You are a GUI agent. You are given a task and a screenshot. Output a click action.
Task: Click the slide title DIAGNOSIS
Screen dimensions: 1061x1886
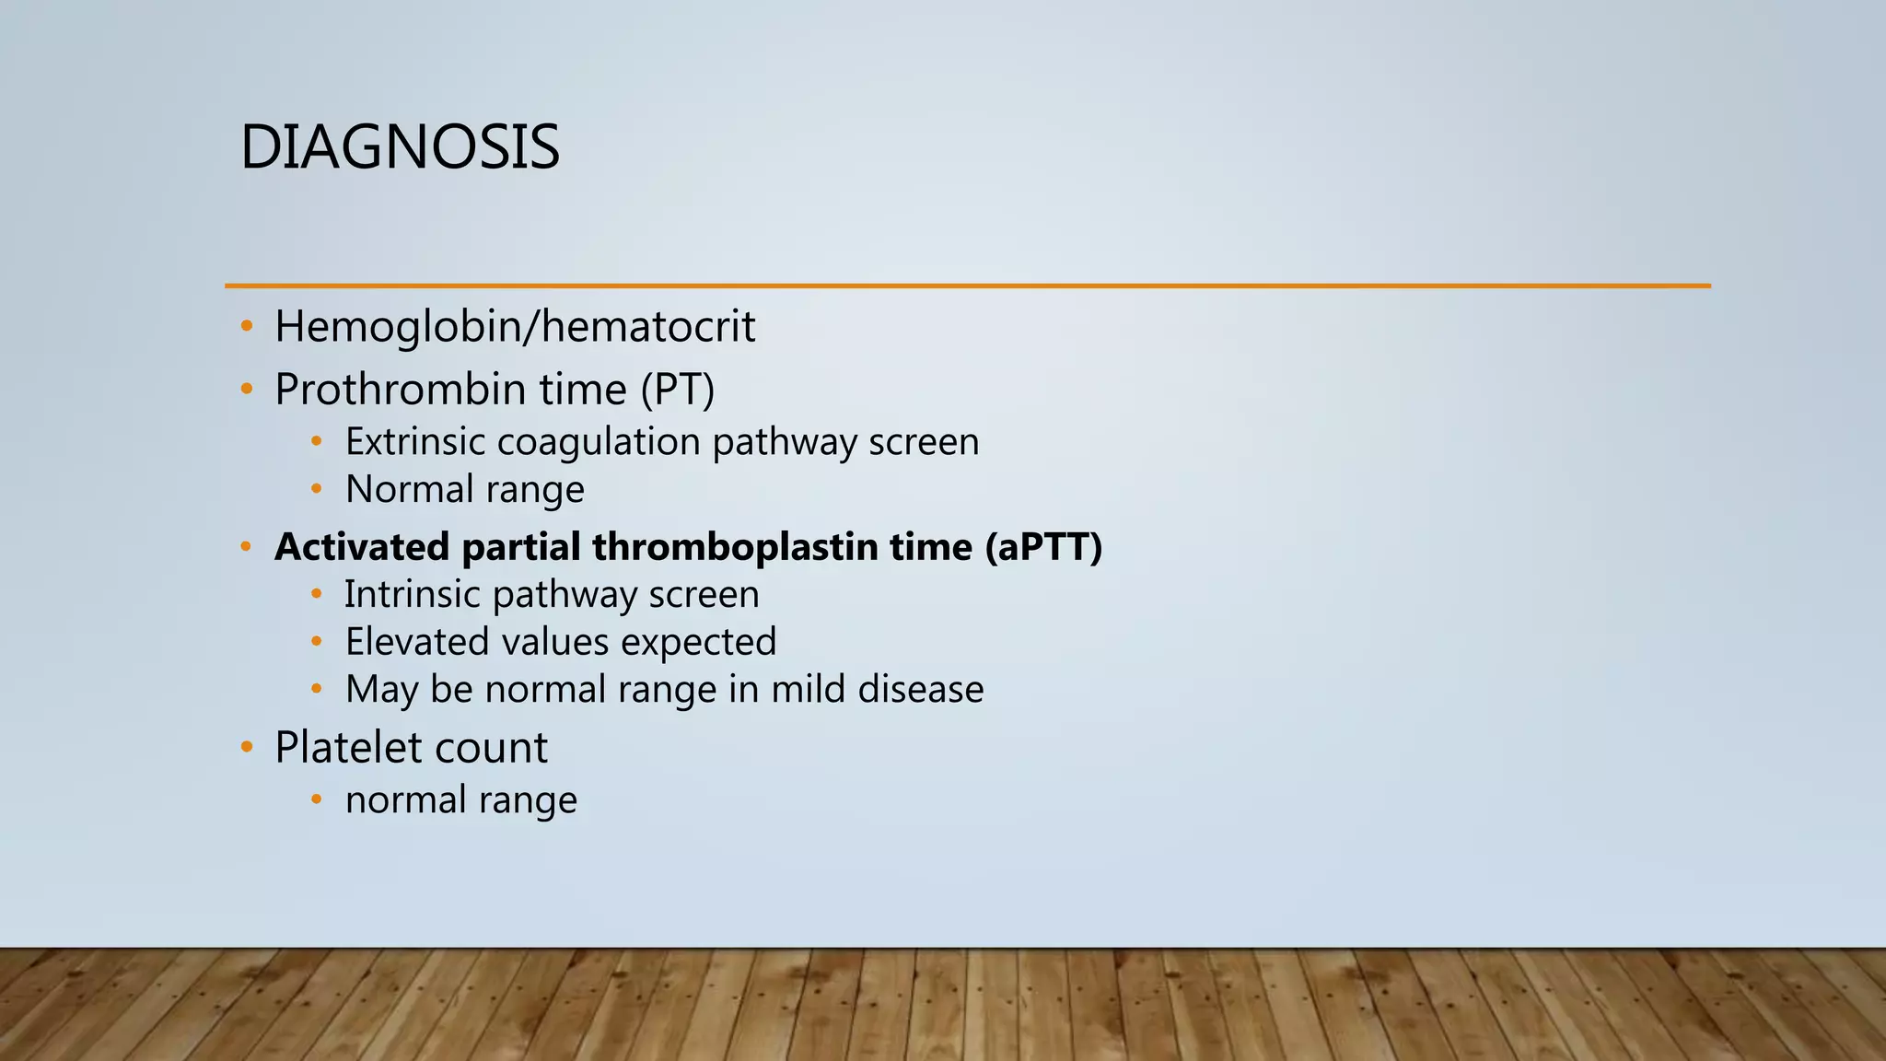pos(399,147)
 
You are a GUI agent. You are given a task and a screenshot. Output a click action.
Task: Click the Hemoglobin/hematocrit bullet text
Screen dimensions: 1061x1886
pos(514,327)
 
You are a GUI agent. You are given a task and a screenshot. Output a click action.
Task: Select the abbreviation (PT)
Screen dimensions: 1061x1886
pos(677,390)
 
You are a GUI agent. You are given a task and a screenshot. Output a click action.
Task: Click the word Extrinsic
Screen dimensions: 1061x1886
pos(414,442)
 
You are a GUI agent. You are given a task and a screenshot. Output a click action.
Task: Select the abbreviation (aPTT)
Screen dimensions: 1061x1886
pos(1042,547)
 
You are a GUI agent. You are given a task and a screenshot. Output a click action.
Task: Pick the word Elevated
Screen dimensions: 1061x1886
pos(415,642)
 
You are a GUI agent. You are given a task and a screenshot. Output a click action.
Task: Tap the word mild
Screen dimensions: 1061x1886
pos(808,690)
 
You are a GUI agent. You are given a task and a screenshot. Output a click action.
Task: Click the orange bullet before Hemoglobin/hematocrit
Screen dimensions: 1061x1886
pos(246,327)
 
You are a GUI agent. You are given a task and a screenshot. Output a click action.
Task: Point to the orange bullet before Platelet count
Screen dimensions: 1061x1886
pos(246,747)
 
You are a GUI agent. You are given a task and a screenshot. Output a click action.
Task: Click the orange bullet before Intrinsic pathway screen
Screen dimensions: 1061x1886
pos(316,595)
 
